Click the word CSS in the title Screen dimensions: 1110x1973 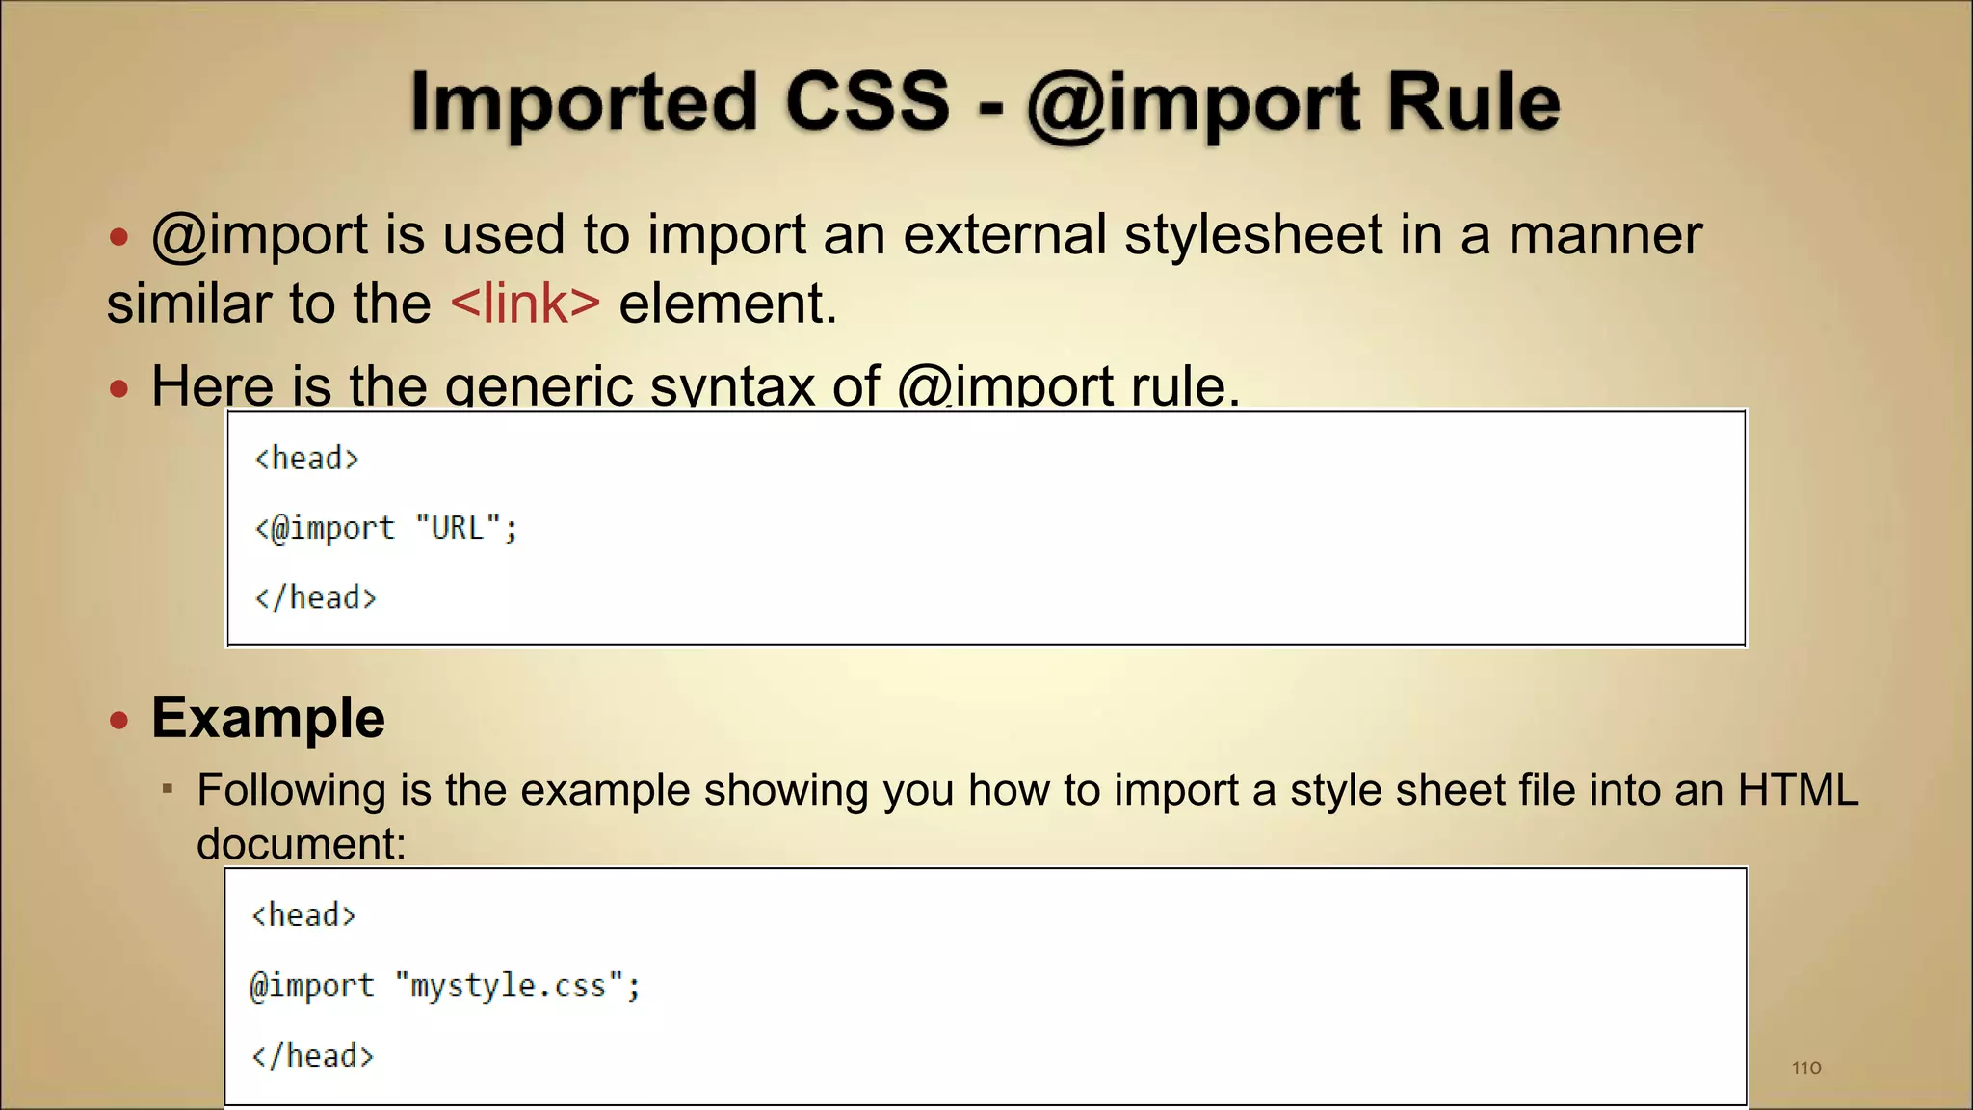coord(867,102)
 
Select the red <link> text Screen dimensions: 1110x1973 coord(525,304)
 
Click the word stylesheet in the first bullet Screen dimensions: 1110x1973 coord(1253,235)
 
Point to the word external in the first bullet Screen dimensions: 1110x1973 coord(1004,235)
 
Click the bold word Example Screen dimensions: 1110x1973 coord(268,718)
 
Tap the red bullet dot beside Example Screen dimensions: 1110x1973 coord(118,720)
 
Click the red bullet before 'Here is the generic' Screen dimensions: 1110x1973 coord(118,389)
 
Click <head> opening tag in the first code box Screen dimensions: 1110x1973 coord(306,459)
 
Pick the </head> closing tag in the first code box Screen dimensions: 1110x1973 coord(315,598)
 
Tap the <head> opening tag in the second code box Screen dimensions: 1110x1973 coord(303,915)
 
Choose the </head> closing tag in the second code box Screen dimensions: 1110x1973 coord(312,1056)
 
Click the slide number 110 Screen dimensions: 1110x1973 coord(1806,1068)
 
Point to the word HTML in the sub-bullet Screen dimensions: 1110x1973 coord(1798,790)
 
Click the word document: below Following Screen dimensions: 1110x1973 coord(302,844)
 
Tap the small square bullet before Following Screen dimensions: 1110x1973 coord(168,789)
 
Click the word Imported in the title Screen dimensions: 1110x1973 coord(584,102)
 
